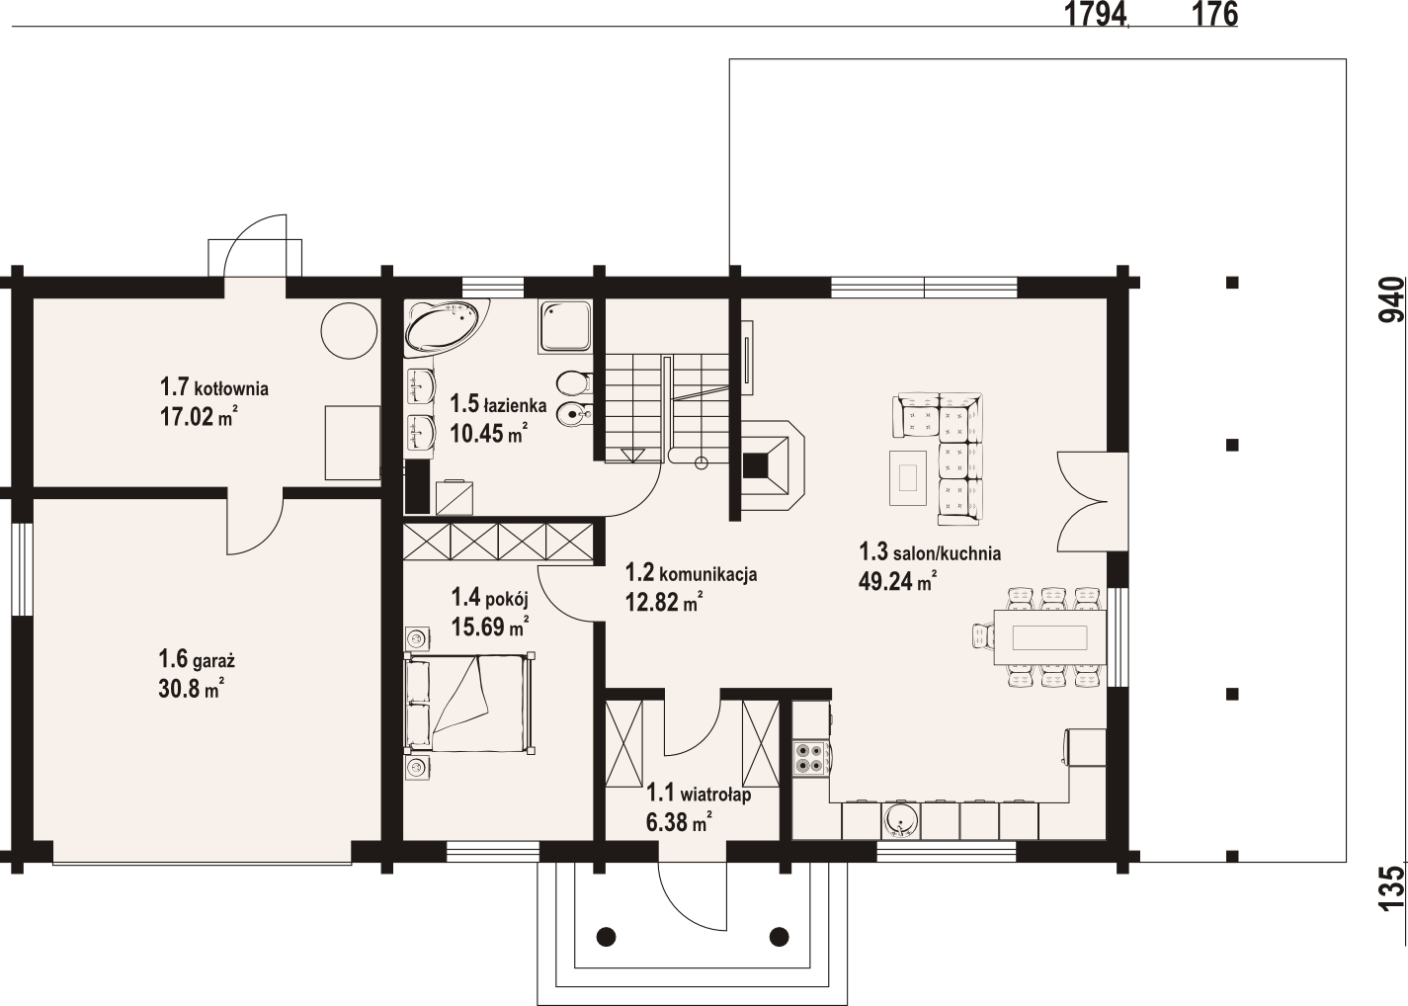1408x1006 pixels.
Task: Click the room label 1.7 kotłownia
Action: click(x=214, y=387)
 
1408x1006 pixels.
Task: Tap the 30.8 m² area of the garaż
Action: click(x=192, y=689)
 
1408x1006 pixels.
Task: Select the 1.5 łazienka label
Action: click(x=498, y=404)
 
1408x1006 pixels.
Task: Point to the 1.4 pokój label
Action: click(x=490, y=597)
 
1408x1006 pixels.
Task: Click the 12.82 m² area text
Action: click(x=664, y=603)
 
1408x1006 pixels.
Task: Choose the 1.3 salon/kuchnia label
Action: click(x=930, y=552)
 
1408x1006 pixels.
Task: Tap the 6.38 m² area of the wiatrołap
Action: click(x=679, y=822)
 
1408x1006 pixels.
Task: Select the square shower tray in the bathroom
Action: click(x=565, y=326)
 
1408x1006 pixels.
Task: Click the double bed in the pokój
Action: click(x=470, y=703)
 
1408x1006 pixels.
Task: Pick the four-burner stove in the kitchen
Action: click(x=810, y=758)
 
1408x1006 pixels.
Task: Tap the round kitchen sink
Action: click(x=901, y=821)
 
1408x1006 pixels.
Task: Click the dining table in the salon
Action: click(x=1049, y=638)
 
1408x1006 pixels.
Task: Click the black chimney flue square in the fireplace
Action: click(x=756, y=465)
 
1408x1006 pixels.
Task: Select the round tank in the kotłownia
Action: click(x=349, y=331)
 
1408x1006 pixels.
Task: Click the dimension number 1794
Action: click(x=1095, y=15)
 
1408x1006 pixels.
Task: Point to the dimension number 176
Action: click(x=1215, y=15)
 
